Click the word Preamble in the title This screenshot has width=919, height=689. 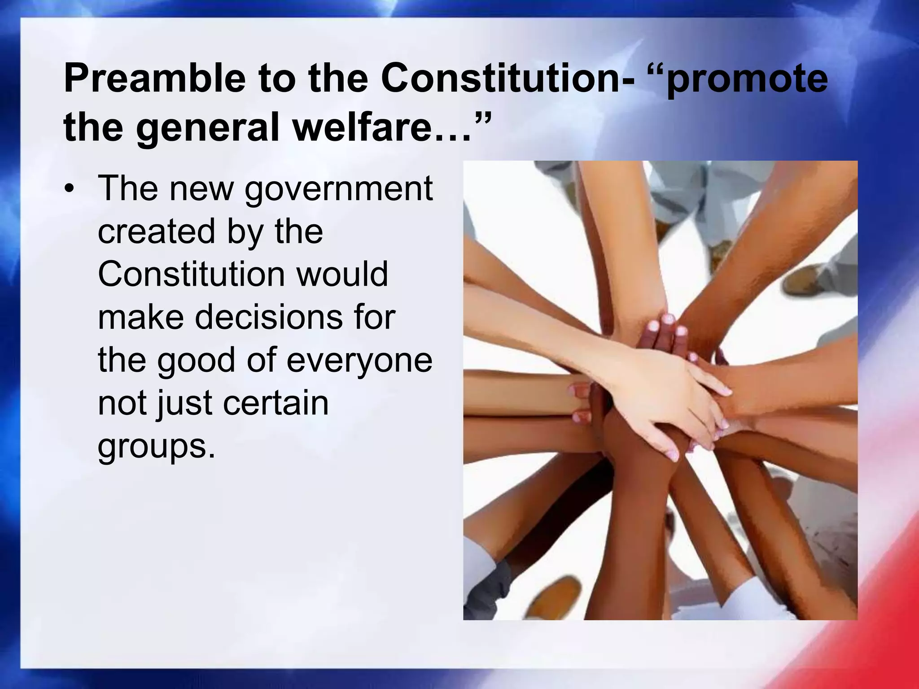[x=155, y=79]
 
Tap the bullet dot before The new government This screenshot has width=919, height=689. [x=68, y=188]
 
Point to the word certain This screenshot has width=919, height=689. [x=276, y=403]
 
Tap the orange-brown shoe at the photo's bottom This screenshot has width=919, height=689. [x=552, y=597]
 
